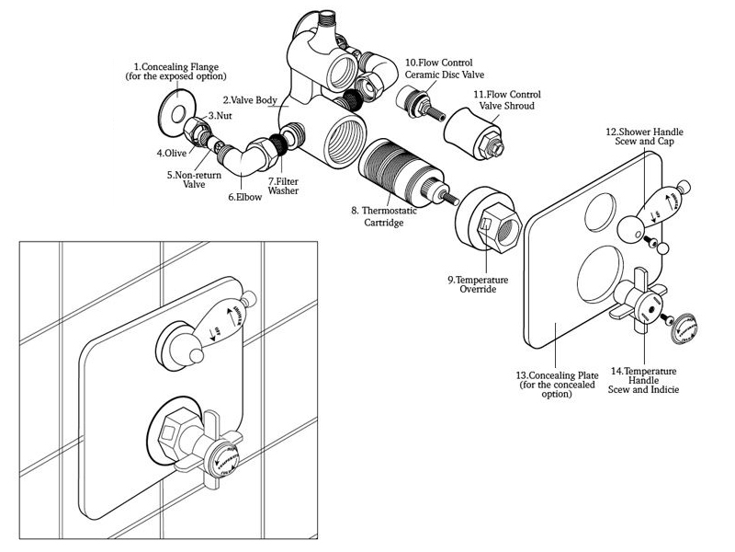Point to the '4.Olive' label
[172, 152]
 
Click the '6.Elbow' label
[245, 196]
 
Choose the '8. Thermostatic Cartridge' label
[384, 217]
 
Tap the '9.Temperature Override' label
[478, 283]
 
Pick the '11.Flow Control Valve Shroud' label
[506, 100]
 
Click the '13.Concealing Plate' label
[557, 385]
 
